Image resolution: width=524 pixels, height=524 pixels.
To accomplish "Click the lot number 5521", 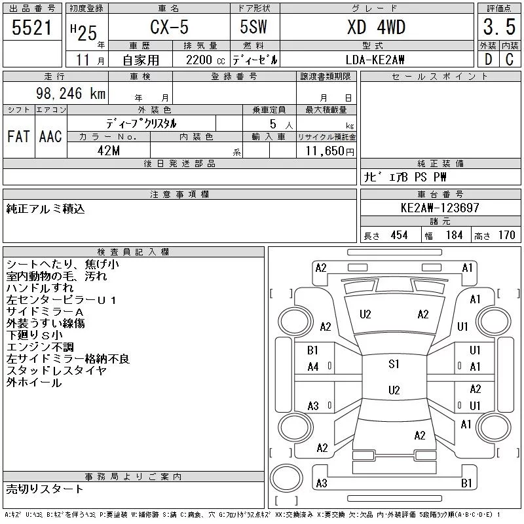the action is click(31, 28).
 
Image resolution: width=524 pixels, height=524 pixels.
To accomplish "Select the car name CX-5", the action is click(169, 27).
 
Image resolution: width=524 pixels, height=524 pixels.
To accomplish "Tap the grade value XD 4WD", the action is click(376, 27).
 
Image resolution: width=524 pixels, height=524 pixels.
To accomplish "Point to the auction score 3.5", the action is click(499, 27).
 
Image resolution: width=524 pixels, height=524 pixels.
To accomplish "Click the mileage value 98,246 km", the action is click(71, 93).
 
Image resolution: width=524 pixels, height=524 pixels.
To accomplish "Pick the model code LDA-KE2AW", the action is click(375, 60).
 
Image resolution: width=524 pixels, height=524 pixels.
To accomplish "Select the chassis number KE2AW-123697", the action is click(440, 208).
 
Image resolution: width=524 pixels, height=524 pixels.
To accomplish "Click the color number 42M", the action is click(109, 151).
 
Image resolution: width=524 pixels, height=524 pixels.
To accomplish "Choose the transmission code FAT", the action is click(18, 136).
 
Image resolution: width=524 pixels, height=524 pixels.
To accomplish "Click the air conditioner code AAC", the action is click(50, 136).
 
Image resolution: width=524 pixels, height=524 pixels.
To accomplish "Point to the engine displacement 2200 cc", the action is click(205, 60).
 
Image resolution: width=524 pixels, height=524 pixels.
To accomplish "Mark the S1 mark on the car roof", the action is click(394, 364).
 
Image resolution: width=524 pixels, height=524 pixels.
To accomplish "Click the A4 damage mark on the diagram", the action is click(313, 367).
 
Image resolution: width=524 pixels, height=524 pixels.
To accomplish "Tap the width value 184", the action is click(454, 235).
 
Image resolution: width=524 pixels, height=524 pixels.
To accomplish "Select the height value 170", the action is click(506, 235).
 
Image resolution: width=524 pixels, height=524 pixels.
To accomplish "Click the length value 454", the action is click(399, 235).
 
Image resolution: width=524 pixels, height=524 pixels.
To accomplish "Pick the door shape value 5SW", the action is click(253, 27).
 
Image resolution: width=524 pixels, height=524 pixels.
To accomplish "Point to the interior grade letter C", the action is click(510, 60).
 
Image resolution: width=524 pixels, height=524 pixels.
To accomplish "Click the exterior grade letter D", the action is click(488, 60).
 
